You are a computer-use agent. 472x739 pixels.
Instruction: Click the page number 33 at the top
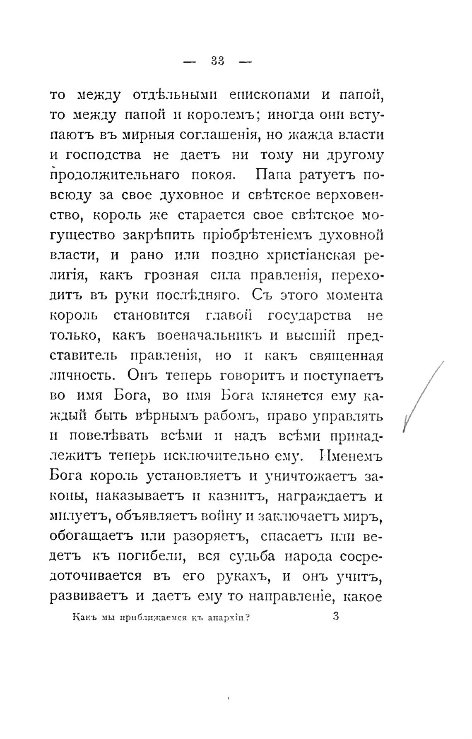(x=217, y=61)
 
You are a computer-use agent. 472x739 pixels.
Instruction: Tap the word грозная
(x=173, y=275)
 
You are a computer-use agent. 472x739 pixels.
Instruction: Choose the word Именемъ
(x=352, y=456)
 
